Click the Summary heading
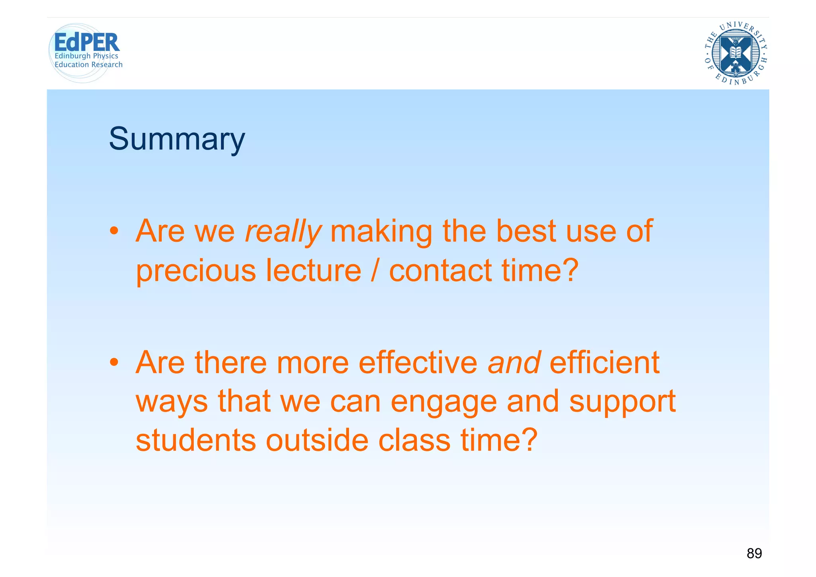coord(177,139)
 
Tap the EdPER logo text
coord(86,43)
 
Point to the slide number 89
coord(754,553)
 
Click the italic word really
coord(282,231)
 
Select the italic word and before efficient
coord(514,362)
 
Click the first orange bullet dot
coord(114,231)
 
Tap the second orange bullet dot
coord(114,362)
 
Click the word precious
coord(196,271)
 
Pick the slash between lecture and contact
coord(375,270)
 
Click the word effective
coord(418,362)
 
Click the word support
coord(622,402)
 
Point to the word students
coord(196,440)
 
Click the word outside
coord(317,440)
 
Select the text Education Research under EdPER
coord(88,65)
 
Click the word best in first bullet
coord(526,231)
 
